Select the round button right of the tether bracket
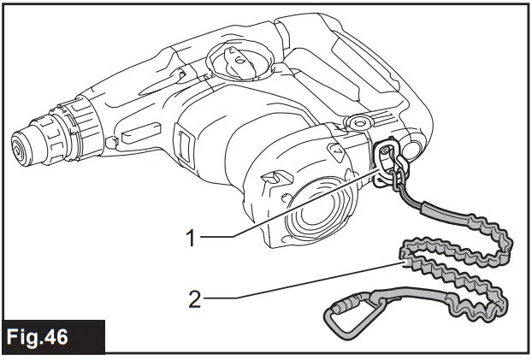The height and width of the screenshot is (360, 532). [x=411, y=151]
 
